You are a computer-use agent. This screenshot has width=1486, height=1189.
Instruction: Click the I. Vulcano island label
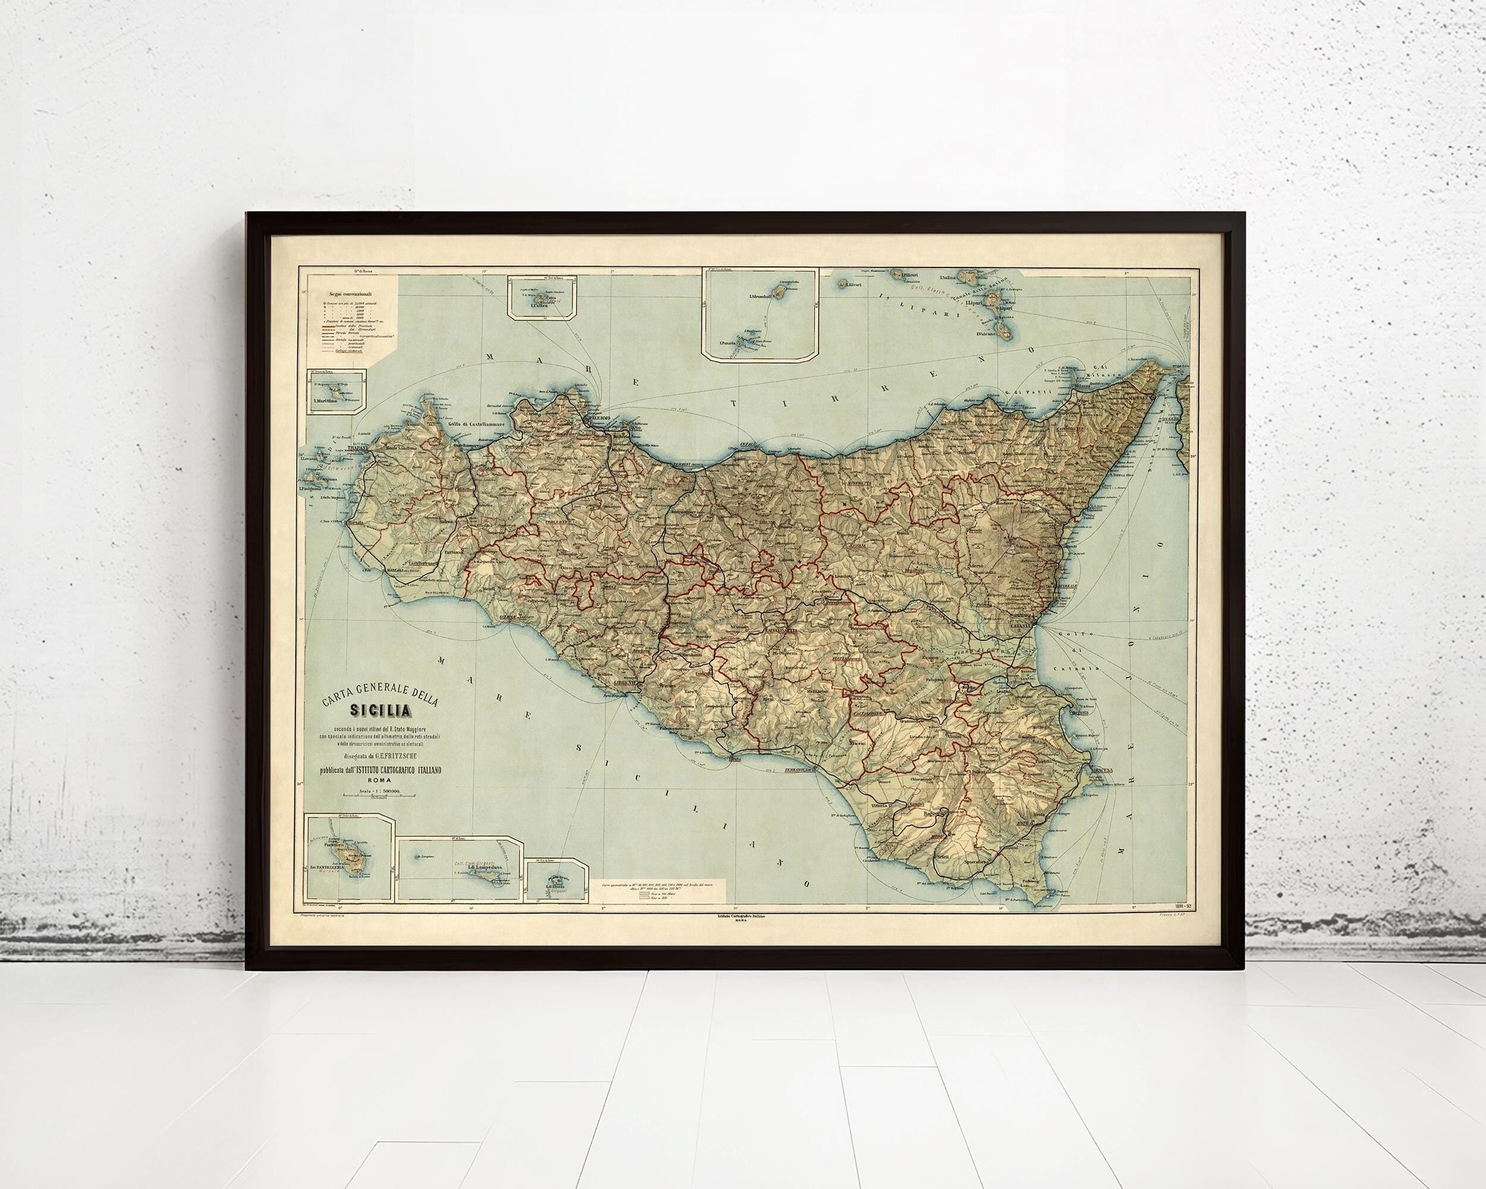pos(989,334)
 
